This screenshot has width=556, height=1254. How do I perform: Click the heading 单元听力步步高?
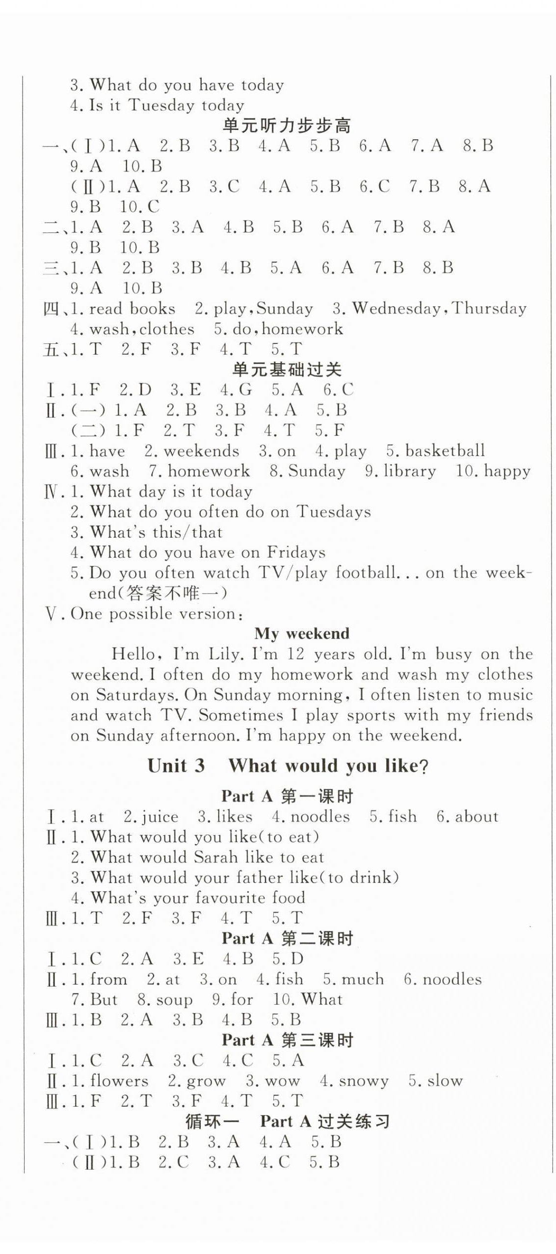(x=287, y=126)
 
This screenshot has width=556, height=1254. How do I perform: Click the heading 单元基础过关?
(x=287, y=369)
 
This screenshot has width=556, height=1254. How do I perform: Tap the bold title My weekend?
(x=301, y=633)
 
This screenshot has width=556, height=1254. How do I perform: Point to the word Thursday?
(x=489, y=308)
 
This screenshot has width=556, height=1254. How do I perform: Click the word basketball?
(x=445, y=450)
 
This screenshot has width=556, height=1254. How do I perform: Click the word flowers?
(x=119, y=1081)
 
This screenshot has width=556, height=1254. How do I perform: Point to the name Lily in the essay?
(x=226, y=654)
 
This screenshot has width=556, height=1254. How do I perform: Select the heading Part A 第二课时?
(x=287, y=939)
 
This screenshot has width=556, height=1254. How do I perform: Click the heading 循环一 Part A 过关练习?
(x=287, y=1122)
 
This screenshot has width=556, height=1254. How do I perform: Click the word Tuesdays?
(x=333, y=512)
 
